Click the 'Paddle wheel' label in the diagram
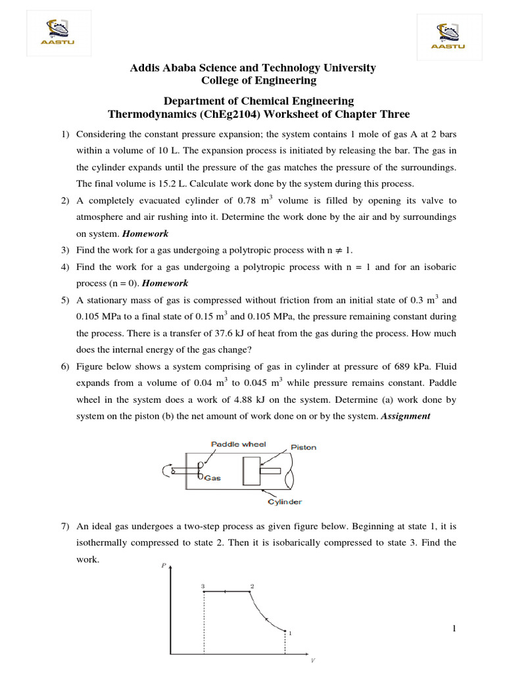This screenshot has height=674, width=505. coord(238,444)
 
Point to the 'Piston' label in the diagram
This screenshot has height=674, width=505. coord(303,448)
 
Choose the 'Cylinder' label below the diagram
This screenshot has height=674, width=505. coord(285,502)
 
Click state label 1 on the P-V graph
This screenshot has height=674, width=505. coord(290,633)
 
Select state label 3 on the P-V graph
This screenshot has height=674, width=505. coord(203,585)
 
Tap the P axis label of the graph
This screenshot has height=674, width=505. coord(164,565)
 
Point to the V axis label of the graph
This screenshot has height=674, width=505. coord(312,660)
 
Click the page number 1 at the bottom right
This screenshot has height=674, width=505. coord(454,629)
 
